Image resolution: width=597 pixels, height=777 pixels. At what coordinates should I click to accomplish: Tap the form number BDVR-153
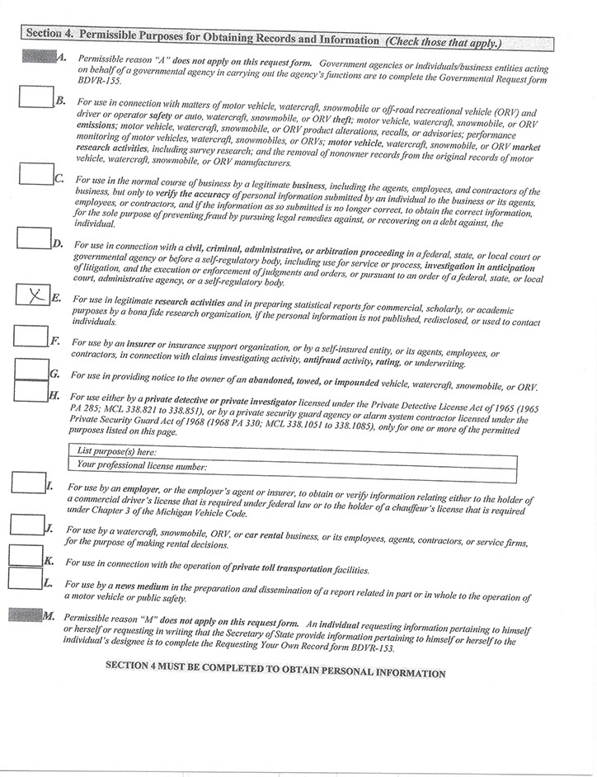tap(368, 648)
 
